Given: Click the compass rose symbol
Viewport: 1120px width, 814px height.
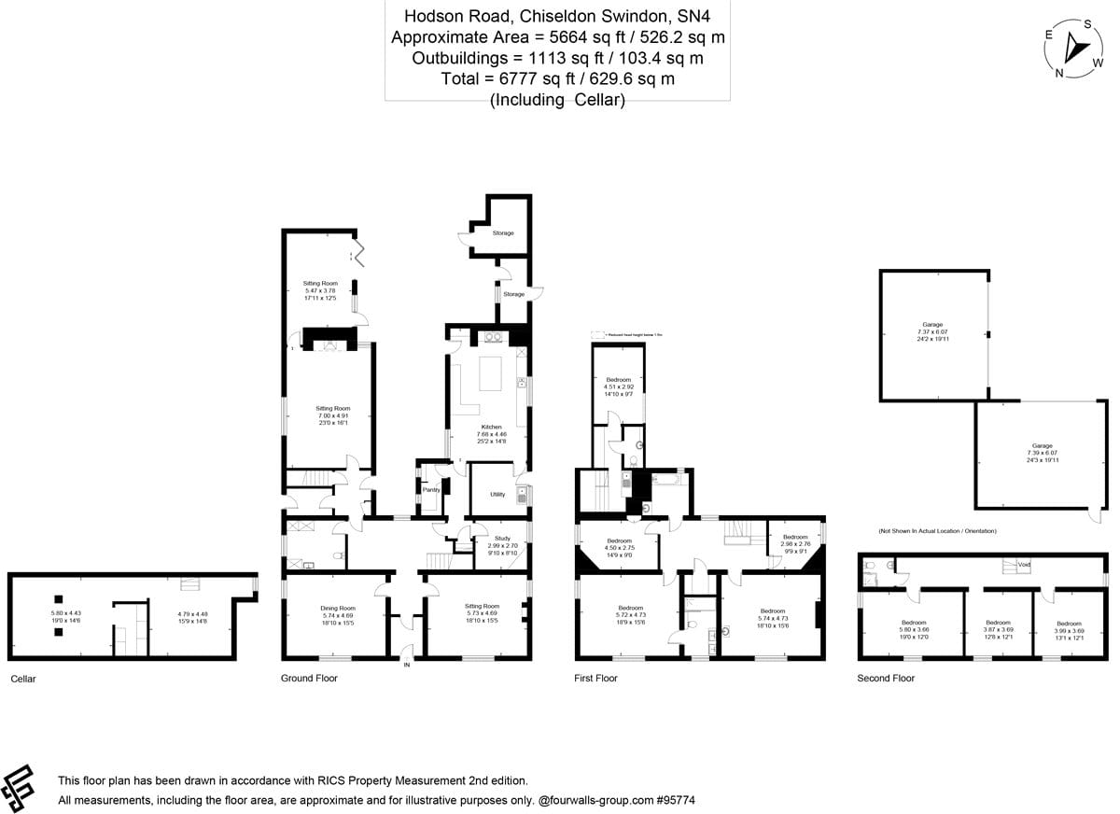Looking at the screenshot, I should [x=1074, y=49].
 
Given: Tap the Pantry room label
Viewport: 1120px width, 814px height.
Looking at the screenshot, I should [x=431, y=489].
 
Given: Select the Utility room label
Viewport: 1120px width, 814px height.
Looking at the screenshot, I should [x=498, y=495].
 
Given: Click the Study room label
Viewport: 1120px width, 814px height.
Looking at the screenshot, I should [x=502, y=539].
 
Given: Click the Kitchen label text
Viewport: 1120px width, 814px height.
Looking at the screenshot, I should [x=492, y=427].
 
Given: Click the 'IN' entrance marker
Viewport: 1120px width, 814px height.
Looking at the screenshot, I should [x=406, y=665].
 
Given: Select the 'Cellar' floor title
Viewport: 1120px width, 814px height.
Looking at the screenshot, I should [x=23, y=679].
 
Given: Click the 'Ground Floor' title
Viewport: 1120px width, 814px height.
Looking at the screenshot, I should [x=309, y=679].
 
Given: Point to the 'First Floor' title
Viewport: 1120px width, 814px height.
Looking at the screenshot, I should [x=595, y=679].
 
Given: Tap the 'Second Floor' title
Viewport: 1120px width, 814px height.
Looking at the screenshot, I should [x=886, y=679].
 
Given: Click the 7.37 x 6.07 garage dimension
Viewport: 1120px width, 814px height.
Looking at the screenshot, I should [x=932, y=332].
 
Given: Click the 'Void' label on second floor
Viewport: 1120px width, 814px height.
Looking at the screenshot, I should [x=1024, y=564].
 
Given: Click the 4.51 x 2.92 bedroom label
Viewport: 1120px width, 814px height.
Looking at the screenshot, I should [x=618, y=387].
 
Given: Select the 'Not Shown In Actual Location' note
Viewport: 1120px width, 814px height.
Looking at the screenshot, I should [x=936, y=531].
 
